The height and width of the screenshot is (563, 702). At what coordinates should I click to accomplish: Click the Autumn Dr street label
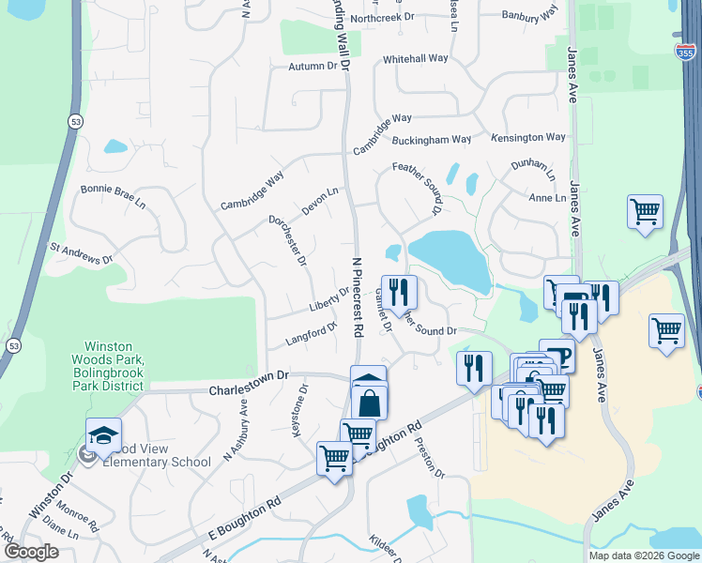tap(312, 67)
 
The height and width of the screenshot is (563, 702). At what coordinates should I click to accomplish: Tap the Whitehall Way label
tap(416, 58)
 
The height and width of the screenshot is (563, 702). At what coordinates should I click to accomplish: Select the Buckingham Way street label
tap(431, 140)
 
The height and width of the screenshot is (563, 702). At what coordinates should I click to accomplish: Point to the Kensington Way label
tap(531, 137)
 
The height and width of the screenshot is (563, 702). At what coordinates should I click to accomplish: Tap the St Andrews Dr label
tap(81, 252)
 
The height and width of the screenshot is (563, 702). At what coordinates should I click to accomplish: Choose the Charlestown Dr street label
tap(246, 388)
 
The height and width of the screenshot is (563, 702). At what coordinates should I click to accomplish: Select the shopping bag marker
tap(370, 403)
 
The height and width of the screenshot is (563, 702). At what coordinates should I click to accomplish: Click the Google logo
tap(31, 552)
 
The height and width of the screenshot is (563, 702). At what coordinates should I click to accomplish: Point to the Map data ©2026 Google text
tap(643, 555)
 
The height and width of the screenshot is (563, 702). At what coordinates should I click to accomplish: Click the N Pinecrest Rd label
tap(357, 297)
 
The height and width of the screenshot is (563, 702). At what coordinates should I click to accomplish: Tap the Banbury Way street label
tap(529, 13)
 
